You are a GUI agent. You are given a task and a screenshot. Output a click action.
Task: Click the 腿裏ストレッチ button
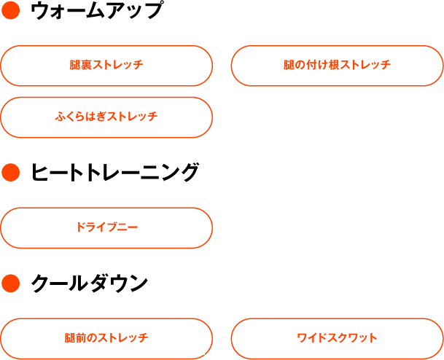[x=106, y=66]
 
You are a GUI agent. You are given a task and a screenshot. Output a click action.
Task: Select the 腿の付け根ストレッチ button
[x=337, y=66]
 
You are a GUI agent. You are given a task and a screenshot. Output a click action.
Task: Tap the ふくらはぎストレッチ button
[x=106, y=117]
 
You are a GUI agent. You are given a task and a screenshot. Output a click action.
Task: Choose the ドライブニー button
[x=106, y=227]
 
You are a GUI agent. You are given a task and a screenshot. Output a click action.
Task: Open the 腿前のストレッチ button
[x=106, y=338]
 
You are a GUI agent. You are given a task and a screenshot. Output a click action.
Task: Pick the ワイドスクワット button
[x=337, y=338]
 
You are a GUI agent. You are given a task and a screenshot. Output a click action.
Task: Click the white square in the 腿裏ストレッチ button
[x=190, y=66]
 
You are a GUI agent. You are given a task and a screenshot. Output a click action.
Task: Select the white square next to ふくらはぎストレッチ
[x=191, y=118]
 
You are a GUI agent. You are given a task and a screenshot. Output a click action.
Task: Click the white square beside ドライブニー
[x=191, y=228]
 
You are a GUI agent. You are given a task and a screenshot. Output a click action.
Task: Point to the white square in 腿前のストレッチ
[x=191, y=339]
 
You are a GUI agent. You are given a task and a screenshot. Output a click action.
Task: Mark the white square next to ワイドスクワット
[x=422, y=339]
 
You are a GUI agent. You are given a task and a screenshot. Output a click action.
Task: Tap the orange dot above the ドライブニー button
[x=10, y=173]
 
